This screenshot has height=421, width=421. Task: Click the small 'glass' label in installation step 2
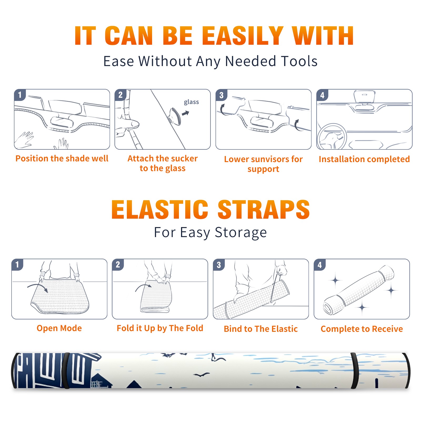click(191, 102)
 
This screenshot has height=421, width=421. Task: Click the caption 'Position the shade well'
click(62, 158)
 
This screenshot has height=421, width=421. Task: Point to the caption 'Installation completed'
click(364, 159)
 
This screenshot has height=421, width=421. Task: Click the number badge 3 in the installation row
click(221, 95)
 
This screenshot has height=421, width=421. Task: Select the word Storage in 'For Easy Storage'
click(241, 233)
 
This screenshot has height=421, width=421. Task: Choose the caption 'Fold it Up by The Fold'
click(160, 328)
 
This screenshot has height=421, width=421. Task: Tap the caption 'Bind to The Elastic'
click(261, 329)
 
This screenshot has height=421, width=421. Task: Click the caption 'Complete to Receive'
click(362, 329)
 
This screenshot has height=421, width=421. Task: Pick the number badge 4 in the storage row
click(320, 265)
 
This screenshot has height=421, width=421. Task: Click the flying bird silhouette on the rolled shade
click(202, 374)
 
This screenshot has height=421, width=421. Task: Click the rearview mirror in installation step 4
click(364, 97)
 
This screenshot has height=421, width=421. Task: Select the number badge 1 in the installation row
click(20, 95)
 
